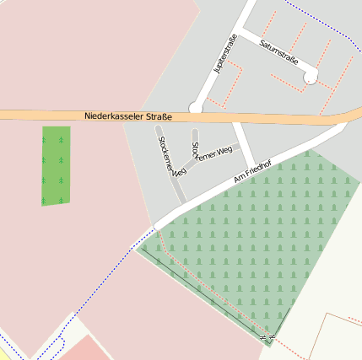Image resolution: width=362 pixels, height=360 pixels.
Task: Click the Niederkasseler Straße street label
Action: pyautogui.click(x=128, y=116)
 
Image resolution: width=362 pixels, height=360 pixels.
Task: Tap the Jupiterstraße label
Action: pyautogui.click(x=226, y=56)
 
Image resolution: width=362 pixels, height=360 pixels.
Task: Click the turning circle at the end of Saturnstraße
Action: pyautogui.click(x=311, y=77)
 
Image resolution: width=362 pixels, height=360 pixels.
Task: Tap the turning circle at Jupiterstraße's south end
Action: pyautogui.click(x=196, y=107)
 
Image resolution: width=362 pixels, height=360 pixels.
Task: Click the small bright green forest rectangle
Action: pyautogui.click(x=56, y=165)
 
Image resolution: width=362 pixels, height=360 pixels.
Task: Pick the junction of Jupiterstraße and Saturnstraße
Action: pyautogui.click(x=241, y=31)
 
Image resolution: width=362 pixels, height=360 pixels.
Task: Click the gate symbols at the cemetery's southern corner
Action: pyautogui.click(x=268, y=337)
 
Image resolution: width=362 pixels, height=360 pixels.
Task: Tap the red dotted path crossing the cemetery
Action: pyautogui.click(x=211, y=291)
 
